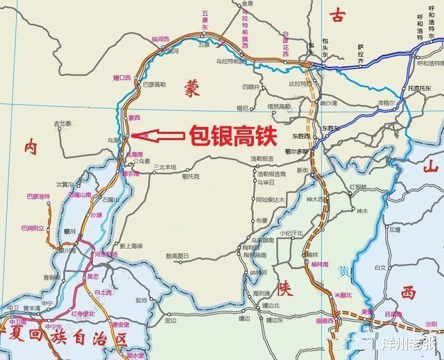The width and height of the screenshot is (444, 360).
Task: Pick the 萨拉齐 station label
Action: click(x=361, y=53)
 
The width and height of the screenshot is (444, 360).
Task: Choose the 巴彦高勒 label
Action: click(x=153, y=85)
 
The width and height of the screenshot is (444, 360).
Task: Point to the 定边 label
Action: click(x=171, y=320)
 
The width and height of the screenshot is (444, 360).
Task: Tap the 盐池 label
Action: click(x=142, y=300)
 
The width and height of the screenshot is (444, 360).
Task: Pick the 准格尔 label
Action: click(x=386, y=102)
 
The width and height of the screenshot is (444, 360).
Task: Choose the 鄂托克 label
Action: click(x=191, y=176)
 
